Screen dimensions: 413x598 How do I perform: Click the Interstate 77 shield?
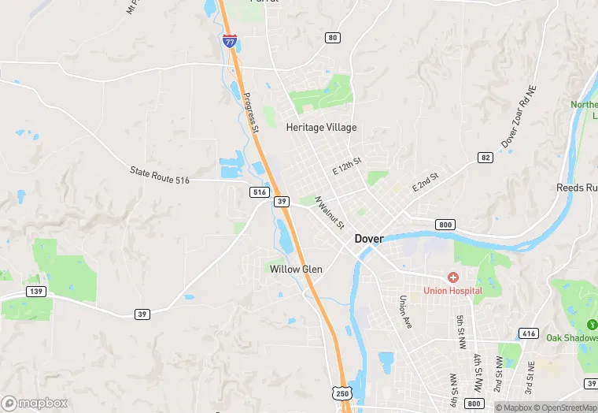(x=229, y=41)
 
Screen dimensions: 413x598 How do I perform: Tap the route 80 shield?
(x=333, y=38)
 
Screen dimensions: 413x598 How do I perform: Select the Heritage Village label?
(x=321, y=127)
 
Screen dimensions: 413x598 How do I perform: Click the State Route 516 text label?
(x=160, y=175)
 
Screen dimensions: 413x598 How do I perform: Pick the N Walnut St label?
(x=330, y=212)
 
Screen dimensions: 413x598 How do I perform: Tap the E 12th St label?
(x=346, y=166)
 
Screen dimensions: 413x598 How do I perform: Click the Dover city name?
(x=369, y=238)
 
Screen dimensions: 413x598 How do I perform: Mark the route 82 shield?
(x=485, y=158)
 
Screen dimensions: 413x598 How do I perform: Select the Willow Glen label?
(x=296, y=269)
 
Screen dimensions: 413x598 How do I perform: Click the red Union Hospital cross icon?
(x=452, y=277)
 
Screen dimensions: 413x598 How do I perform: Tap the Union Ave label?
(x=404, y=312)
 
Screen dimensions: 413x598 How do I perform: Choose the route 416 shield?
(x=529, y=333)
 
